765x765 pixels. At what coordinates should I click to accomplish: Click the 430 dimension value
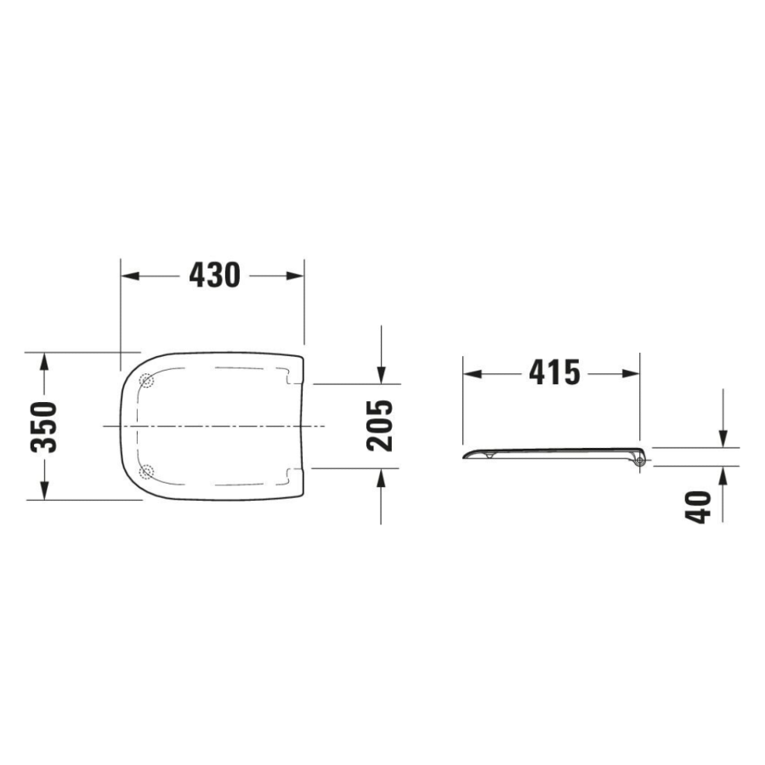click(215, 275)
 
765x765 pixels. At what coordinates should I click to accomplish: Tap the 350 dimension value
click(44, 427)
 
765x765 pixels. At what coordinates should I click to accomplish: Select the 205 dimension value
click(379, 426)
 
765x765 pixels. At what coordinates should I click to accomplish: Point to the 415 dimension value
click(555, 373)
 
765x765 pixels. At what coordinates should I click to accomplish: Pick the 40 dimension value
click(698, 507)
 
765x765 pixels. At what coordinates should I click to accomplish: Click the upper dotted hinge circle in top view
click(146, 380)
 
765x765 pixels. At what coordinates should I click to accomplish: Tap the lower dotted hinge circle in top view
click(146, 472)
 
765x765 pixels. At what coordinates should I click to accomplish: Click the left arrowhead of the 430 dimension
click(130, 275)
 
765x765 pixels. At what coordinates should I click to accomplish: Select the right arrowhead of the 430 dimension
click(295, 275)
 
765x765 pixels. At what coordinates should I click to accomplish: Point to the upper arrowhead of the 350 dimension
click(44, 362)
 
